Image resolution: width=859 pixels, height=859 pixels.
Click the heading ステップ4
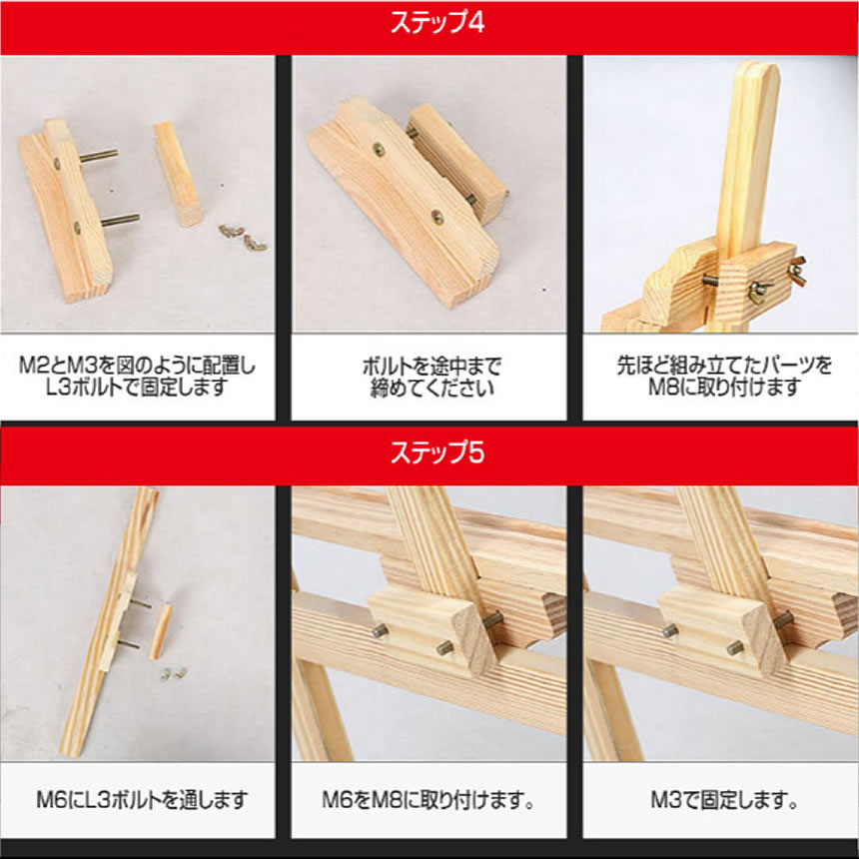click(429, 24)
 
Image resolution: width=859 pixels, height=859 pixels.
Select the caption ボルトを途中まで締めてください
click(429, 377)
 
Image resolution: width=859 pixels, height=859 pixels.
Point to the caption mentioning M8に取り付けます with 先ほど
click(722, 377)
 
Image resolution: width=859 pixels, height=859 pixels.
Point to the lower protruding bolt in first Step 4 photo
click(118, 219)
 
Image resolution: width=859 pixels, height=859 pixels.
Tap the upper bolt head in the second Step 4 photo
click(380, 150)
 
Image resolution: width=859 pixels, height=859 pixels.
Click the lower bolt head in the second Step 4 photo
click(437, 215)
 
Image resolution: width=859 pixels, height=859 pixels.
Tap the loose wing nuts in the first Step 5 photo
click(174, 674)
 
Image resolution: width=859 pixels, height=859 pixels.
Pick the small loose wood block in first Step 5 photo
click(159, 631)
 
